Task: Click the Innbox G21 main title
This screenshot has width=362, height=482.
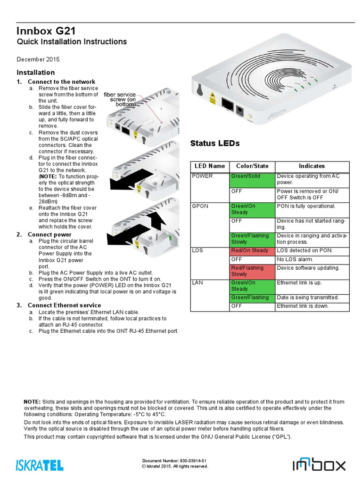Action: point(46,31)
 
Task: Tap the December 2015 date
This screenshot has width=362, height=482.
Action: point(38,59)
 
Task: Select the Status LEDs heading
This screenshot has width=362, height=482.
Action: point(214,143)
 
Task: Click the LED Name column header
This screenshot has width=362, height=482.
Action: point(210,166)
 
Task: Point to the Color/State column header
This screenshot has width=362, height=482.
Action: point(252,166)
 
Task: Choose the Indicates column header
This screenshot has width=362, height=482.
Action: point(312,166)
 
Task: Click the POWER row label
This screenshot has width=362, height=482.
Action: point(203,177)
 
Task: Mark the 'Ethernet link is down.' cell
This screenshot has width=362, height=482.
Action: point(303,306)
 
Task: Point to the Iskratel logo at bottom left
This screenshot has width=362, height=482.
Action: point(40,465)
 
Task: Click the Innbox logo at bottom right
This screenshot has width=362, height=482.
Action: point(319,465)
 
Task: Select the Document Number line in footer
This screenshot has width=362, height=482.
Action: point(174,460)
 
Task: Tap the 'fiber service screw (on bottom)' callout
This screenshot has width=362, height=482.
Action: point(120,99)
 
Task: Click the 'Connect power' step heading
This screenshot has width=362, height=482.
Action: point(49,234)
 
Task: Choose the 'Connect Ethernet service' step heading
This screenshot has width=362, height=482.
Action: point(64,305)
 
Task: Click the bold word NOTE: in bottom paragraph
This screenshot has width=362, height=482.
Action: point(32,402)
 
